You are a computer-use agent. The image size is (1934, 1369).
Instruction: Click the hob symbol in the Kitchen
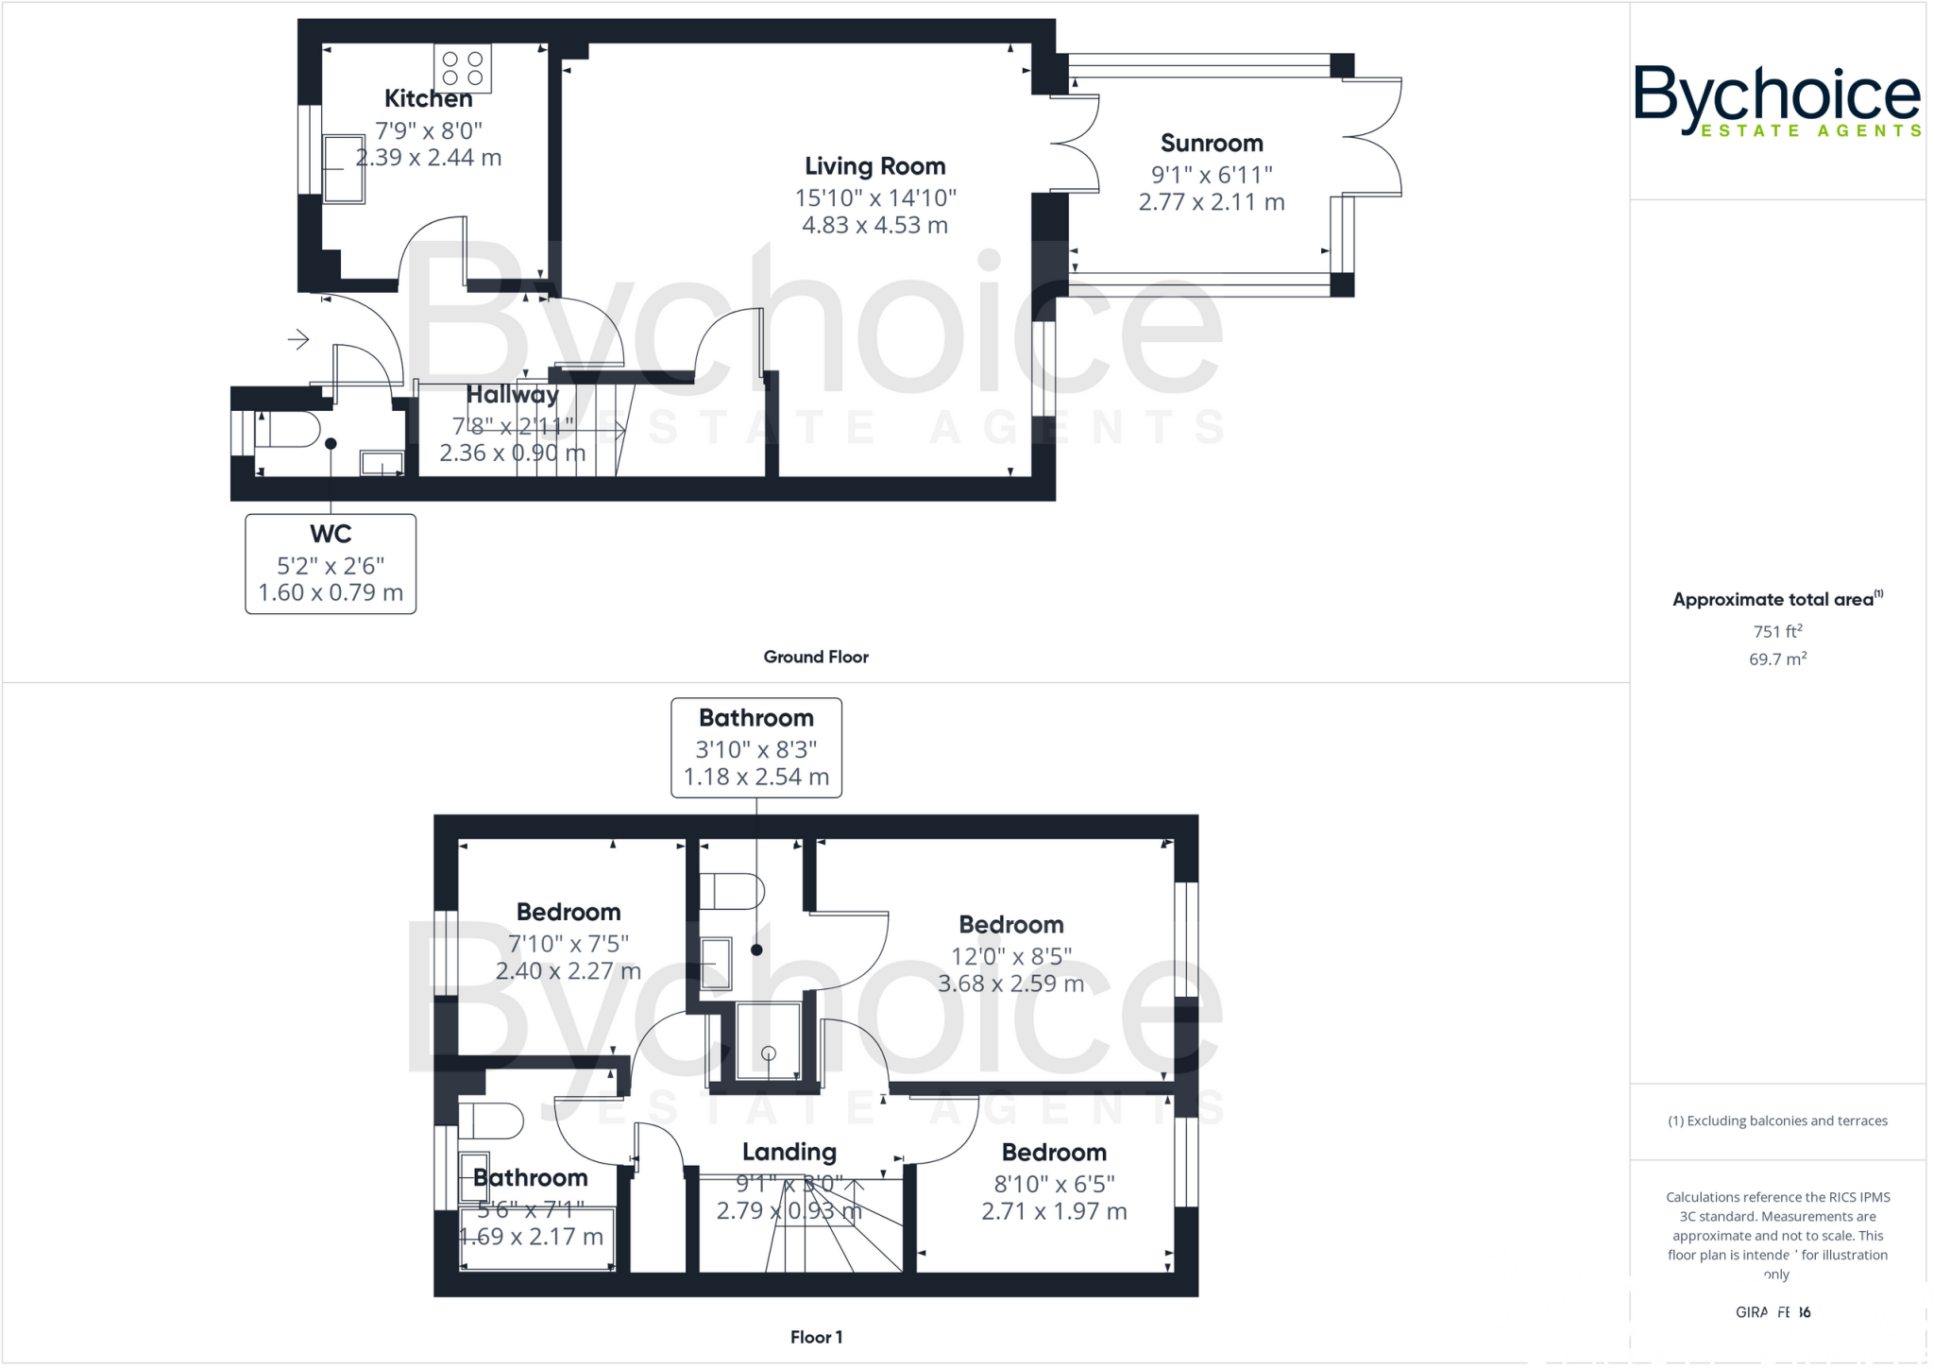pos(463,68)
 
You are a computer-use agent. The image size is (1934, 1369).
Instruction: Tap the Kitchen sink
pos(344,168)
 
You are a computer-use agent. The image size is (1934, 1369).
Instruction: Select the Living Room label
pos(874,166)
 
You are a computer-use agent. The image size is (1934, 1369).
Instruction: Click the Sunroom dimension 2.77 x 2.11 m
pos(1211,202)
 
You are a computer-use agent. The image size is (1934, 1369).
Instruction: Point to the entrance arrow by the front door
pos(298,339)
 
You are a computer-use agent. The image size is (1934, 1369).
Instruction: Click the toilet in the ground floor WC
pos(287,430)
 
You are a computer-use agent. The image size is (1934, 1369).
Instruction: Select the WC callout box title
pos(331,534)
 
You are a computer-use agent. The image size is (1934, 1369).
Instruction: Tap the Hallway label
pos(512,394)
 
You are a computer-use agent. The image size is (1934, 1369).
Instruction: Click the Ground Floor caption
pos(816,657)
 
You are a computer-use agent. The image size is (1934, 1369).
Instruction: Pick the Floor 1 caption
pos(816,1337)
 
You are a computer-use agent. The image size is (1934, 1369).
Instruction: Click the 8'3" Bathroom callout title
pos(755,718)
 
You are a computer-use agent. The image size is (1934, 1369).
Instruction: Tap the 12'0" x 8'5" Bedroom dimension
pos(1010,956)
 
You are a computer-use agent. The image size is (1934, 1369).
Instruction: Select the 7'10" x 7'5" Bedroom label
pos(568,912)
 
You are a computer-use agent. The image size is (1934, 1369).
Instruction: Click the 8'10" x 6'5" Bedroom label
pos(1054,1153)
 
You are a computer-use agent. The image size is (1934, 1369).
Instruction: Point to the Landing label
pos(789,1152)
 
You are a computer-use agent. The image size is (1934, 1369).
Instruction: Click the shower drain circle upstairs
pos(769,1052)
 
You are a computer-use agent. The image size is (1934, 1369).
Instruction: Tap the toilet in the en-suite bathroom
pos(731,891)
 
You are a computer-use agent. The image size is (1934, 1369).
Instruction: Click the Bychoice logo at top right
pos(1777,100)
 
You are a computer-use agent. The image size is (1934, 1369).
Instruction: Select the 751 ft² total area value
pos(1777,631)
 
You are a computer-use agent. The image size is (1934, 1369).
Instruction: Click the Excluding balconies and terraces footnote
pos(1777,1121)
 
